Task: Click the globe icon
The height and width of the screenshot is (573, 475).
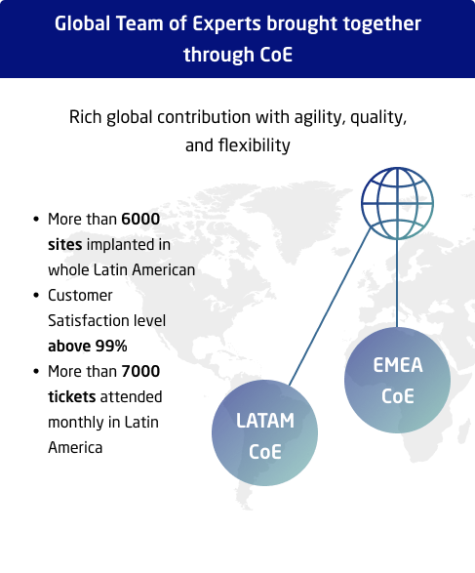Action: point(397,205)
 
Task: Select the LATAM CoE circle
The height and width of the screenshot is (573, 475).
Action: point(264,435)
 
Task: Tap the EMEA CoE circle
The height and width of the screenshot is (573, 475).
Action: point(397,381)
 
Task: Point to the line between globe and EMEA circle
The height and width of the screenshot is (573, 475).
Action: point(397,283)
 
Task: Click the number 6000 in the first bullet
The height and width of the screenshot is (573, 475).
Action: point(140,219)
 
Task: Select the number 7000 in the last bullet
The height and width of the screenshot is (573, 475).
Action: point(141,371)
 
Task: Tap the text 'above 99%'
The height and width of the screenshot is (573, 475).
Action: point(88,346)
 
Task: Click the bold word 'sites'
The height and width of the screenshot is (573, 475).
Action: point(66,244)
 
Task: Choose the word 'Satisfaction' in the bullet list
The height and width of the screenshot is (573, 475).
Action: point(89,320)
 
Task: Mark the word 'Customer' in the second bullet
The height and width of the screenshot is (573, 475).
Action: point(80,295)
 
